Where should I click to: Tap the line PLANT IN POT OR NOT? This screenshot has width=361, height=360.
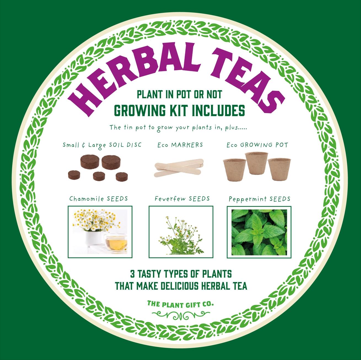(x=179, y=95)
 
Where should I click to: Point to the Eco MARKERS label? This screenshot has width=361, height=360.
(x=180, y=145)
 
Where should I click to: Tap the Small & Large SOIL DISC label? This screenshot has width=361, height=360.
(x=102, y=145)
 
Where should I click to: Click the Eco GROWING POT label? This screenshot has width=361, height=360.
(x=257, y=145)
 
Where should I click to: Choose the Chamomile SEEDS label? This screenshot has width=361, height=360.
(x=99, y=199)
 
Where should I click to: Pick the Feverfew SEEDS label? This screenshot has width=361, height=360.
(x=182, y=199)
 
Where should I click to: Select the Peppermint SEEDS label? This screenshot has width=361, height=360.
(x=259, y=199)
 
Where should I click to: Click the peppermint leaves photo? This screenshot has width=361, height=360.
(x=259, y=232)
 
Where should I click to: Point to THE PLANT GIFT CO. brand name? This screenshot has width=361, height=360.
(x=181, y=304)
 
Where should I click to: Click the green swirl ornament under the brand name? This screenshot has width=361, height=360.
(x=181, y=314)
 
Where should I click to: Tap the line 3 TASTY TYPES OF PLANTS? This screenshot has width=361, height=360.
(x=181, y=274)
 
